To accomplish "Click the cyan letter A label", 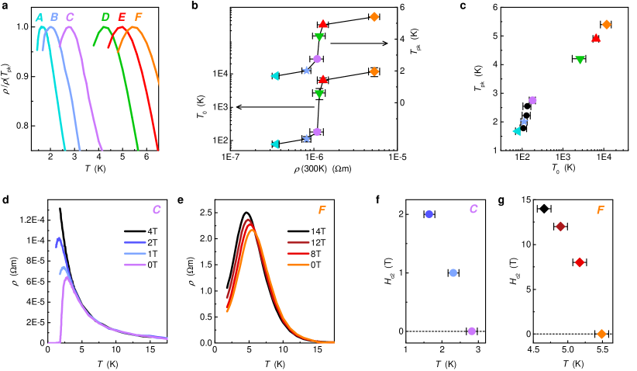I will click(x=40, y=17).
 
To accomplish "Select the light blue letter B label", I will click(x=54, y=17).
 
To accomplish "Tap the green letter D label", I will click(x=105, y=17).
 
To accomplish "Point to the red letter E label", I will click(x=122, y=17).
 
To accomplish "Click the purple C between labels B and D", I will click(x=70, y=17).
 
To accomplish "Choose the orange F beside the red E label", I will click(x=138, y=17).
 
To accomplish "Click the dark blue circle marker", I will click(x=429, y=214).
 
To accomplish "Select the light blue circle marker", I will click(x=453, y=272).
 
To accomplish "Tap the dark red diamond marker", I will click(x=560, y=227).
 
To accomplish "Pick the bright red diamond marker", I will click(x=580, y=262).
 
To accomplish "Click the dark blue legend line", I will click(x=135, y=243).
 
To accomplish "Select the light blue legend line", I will click(x=135, y=254).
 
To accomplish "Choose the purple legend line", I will click(x=135, y=265).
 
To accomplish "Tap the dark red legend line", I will click(x=298, y=243).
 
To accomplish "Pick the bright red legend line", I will click(x=298, y=254).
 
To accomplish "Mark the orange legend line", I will click(x=298, y=265).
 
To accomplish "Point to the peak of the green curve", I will click(x=103, y=28).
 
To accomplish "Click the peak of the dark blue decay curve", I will click(x=58, y=238).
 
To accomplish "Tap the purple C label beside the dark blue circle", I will click(x=473, y=210).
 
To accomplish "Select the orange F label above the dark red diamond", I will click(x=601, y=210).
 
